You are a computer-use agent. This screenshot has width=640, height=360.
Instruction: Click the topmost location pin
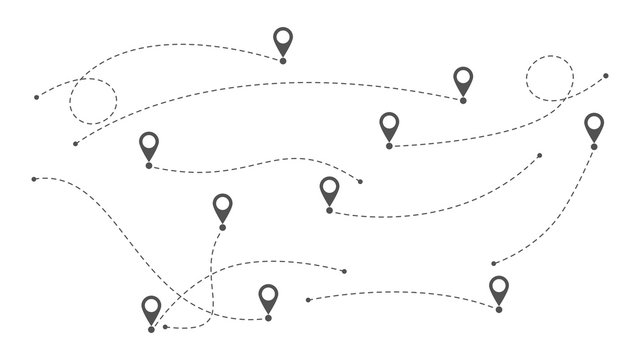[x=283, y=42]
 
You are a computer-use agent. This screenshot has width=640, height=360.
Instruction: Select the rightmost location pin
[x=594, y=127]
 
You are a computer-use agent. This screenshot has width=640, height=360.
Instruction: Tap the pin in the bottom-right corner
[x=498, y=291]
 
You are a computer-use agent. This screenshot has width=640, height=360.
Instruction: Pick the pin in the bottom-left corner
[x=151, y=310]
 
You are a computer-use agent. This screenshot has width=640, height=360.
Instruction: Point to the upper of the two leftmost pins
[x=149, y=147]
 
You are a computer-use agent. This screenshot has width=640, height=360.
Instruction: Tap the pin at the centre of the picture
[x=329, y=190]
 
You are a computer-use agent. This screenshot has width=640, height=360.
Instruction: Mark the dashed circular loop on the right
[x=548, y=78]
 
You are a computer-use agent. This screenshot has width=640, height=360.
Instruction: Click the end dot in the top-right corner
[x=606, y=74]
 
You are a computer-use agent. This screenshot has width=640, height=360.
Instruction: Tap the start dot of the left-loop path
[x=37, y=98]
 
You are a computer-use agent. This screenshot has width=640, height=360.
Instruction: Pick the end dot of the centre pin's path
[x=540, y=155]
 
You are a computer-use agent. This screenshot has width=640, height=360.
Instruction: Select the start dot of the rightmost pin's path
[x=493, y=264]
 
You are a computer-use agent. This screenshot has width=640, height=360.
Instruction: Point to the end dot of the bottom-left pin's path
[x=345, y=271]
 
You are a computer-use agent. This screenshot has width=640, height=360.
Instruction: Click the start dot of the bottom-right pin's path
[x=308, y=299]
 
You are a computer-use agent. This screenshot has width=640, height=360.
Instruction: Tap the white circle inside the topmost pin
[x=283, y=39]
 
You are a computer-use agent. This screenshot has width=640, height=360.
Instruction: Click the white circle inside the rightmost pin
[x=594, y=124]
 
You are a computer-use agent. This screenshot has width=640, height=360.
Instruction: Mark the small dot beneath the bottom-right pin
[x=498, y=311]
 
